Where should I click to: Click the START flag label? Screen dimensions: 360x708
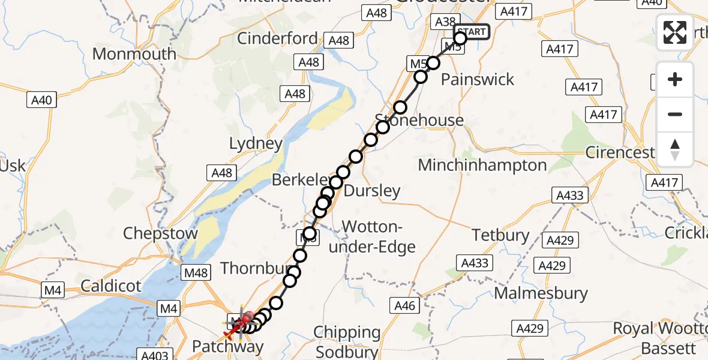click(x=472, y=31)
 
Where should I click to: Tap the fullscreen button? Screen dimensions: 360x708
click(x=675, y=32)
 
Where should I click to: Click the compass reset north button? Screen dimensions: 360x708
click(x=675, y=149)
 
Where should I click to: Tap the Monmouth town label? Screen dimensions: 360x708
click(x=134, y=54)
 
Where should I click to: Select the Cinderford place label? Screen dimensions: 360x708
click(x=277, y=38)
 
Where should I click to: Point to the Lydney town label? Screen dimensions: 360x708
click(x=256, y=144)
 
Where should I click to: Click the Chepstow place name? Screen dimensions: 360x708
click(x=160, y=233)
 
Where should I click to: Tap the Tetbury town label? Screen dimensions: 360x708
click(x=500, y=235)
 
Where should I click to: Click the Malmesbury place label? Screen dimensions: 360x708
click(x=541, y=293)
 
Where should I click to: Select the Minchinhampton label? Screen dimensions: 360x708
click(x=482, y=165)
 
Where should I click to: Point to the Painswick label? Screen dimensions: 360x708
click(x=478, y=79)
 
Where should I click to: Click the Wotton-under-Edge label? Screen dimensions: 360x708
click(x=379, y=237)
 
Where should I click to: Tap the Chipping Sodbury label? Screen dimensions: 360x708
click(x=347, y=341)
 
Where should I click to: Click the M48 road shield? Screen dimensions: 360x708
click(x=196, y=273)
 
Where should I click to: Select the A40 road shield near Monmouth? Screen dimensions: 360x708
click(x=41, y=100)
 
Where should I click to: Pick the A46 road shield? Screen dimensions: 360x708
click(x=405, y=306)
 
